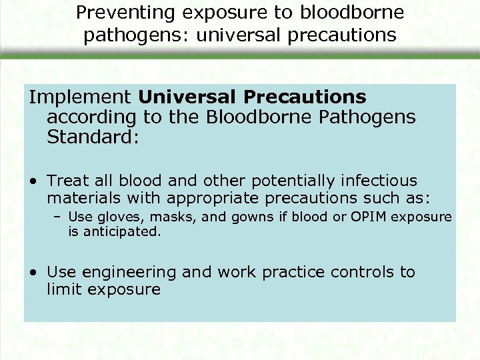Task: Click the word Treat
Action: [69, 181]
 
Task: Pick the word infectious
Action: [380, 181]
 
